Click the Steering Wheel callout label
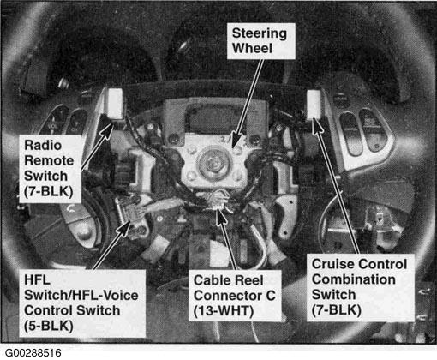point(260,41)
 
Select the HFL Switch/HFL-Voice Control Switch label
point(82,303)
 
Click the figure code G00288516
point(33,353)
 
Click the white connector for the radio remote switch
point(115,103)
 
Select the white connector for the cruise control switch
point(314,105)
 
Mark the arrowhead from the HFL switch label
point(124,228)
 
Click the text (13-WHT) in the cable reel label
point(224,311)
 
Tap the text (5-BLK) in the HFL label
point(49,326)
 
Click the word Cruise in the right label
point(332,264)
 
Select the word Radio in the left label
point(43,145)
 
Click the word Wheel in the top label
point(252,48)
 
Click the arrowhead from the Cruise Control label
point(316,127)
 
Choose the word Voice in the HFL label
point(120,296)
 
